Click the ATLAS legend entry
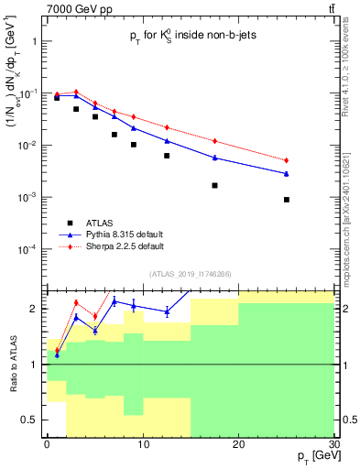(x=100, y=222)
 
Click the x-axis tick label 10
(x=142, y=444)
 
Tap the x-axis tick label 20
(x=238, y=444)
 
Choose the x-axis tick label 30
(x=333, y=444)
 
